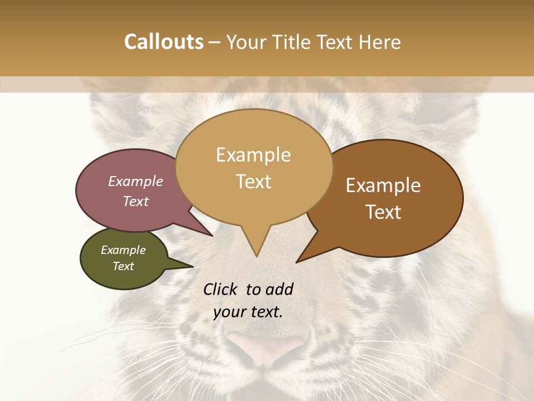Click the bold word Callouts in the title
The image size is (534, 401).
(164, 42)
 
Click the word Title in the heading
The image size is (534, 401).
(295, 42)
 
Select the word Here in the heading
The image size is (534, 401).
(381, 42)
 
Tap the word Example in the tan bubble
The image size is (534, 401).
(253, 155)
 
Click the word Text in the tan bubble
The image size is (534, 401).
(253, 182)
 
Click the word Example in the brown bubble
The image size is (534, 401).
(383, 185)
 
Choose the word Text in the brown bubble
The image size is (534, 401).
(383, 212)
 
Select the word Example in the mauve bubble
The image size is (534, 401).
(136, 181)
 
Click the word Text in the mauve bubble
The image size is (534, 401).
(136, 201)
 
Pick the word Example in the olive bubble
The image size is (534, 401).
(123, 250)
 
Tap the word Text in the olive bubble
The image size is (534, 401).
(123, 266)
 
